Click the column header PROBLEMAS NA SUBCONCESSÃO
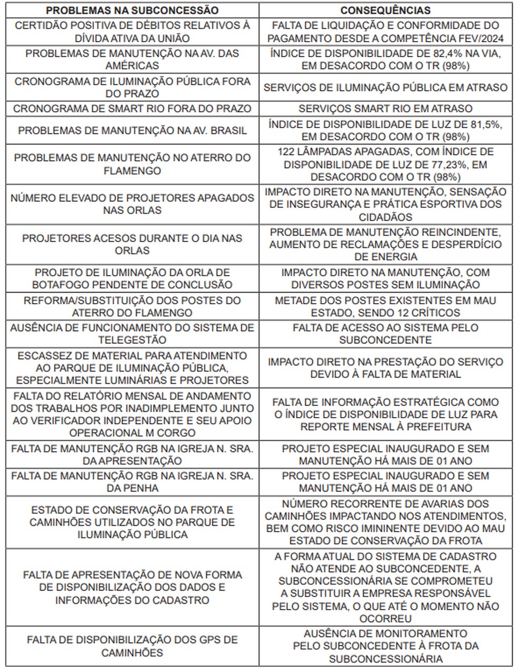132,10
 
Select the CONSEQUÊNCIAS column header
385,10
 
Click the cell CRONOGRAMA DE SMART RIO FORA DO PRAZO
132,109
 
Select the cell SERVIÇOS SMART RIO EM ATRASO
385,109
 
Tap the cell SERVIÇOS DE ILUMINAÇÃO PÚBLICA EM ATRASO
385,88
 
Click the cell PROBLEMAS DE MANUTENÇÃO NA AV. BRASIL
132,131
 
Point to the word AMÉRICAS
132,65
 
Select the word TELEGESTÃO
132,340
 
